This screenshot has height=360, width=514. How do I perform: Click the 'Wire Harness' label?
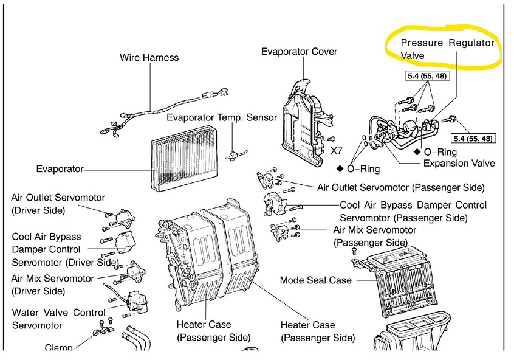pyautogui.click(x=149, y=58)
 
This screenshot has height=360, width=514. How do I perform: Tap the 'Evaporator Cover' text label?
pyautogui.click(x=299, y=52)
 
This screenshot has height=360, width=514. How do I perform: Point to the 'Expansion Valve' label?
pyautogui.click(x=459, y=163)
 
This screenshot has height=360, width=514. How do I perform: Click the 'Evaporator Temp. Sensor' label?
pyautogui.click(x=222, y=117)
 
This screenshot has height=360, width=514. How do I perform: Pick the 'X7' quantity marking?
pyautogui.click(x=338, y=150)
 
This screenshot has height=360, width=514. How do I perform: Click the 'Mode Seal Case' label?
pyautogui.click(x=315, y=280)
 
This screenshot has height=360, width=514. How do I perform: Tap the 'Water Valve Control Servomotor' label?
pyautogui.click(x=58, y=319)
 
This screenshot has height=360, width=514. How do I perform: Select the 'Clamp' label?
pyautogui.click(x=58, y=348)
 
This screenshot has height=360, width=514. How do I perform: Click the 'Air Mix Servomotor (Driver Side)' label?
pyautogui.click(x=53, y=285)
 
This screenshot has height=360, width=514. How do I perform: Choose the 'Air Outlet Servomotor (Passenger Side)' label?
pyautogui.click(x=400, y=187)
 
